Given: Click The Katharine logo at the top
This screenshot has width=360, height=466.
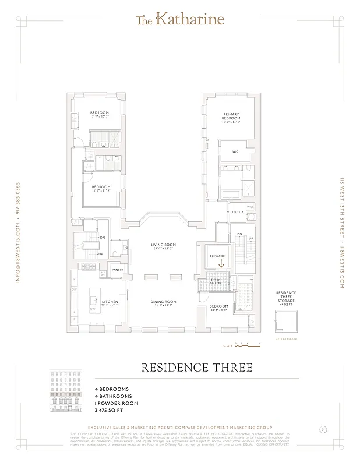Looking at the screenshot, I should click(x=179, y=20).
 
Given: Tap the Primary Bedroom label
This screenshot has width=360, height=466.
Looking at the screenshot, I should click(x=231, y=117).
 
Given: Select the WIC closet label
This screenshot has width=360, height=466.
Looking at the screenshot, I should click(x=235, y=151).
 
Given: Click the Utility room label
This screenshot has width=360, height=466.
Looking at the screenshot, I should click(x=237, y=213).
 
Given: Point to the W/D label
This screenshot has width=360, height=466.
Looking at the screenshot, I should click(x=250, y=207).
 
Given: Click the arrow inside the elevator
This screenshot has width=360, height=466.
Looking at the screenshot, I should click(x=221, y=262).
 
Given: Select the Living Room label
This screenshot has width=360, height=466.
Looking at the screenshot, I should click(x=164, y=246).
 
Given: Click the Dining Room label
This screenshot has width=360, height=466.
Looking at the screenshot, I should click(x=164, y=302).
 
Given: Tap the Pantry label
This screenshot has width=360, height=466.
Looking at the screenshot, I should click(x=117, y=269).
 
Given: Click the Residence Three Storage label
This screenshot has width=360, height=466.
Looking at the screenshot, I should click(x=285, y=297).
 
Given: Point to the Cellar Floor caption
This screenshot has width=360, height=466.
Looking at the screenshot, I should click(x=284, y=338).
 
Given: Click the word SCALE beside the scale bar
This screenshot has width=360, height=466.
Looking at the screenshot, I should click(x=228, y=346).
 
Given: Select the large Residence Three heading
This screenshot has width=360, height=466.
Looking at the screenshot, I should click(x=197, y=368).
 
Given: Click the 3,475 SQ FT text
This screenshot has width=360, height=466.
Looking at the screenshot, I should click(x=110, y=410).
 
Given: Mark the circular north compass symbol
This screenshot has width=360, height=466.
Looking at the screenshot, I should click(x=323, y=430).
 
